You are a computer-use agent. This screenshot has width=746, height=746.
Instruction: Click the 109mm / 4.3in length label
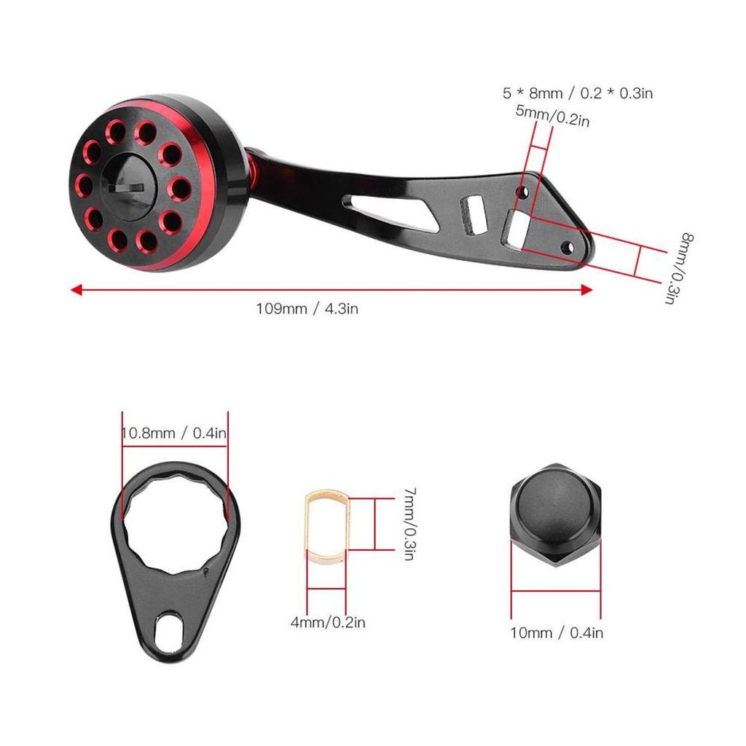pos(306,308)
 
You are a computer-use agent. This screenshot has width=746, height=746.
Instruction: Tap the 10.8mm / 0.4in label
pos(174,433)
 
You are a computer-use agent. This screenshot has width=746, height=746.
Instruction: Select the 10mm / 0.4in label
pos(557,632)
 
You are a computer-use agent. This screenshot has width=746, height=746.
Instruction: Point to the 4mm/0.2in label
pos(328,622)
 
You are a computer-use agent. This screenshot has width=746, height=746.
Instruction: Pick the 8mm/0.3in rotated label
pos(685,268)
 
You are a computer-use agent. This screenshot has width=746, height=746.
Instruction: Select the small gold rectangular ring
pos(326,527)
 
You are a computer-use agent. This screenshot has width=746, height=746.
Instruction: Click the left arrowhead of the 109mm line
pos(75,289)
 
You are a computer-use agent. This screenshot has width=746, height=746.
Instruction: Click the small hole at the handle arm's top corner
pos(521,192)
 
